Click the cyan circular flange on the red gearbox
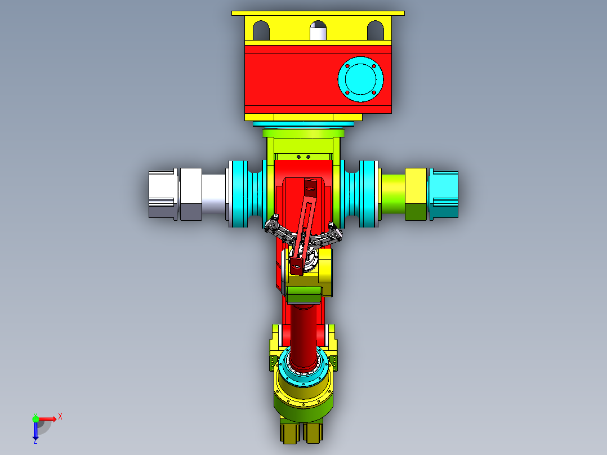[x=360, y=79]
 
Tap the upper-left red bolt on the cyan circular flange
[x=347, y=66]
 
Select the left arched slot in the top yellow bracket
[x=261, y=30]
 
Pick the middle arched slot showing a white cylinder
[x=318, y=30]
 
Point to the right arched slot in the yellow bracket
[x=375, y=30]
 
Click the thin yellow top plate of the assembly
[x=318, y=13]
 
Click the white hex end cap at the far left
[x=163, y=194]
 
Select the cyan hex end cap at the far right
[x=444, y=194]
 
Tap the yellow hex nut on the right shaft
[x=416, y=194]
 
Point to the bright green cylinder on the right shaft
[x=393, y=194]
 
